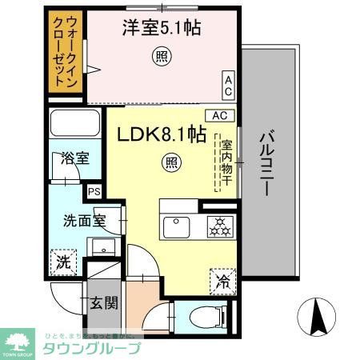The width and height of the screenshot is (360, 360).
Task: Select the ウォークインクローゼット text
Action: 66,52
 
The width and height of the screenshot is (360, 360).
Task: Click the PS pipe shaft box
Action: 94,191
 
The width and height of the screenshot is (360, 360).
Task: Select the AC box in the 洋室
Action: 228,82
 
